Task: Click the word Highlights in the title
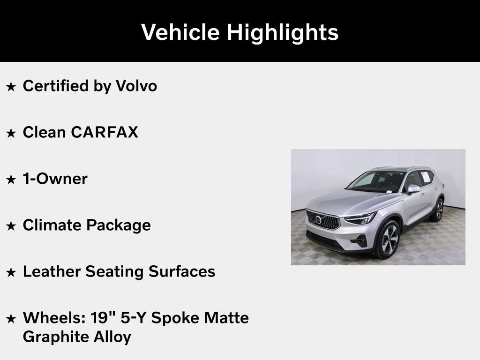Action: pos(283,33)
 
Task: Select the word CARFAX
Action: pos(105,132)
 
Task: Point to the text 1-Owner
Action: pos(55,179)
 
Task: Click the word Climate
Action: pos(52,225)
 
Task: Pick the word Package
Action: pos(118,225)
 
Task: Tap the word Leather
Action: pos(52,271)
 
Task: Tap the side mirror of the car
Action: pos(413,189)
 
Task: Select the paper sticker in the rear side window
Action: pos(426,177)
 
